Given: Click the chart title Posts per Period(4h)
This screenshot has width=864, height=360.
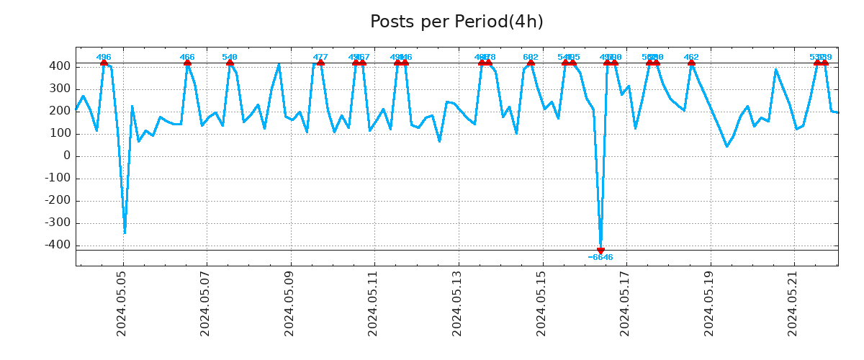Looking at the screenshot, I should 456,22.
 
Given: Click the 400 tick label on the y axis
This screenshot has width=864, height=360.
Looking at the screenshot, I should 60,66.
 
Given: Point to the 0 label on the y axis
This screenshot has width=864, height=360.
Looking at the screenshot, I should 66,156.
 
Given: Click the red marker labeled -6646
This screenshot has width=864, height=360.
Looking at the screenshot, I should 600,251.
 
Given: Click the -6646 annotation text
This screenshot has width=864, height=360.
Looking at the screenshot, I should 600,258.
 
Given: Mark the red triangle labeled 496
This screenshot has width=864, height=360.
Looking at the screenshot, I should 104,63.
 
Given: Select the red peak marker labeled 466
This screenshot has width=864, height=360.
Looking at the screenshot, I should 187,63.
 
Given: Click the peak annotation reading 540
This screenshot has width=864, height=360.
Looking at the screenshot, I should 230,57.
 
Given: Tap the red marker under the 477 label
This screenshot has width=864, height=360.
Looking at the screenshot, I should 320,63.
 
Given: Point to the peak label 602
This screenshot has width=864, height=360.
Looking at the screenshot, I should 531,57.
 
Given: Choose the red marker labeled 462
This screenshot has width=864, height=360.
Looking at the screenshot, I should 691,63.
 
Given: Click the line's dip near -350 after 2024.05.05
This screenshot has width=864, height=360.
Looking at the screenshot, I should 125,233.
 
